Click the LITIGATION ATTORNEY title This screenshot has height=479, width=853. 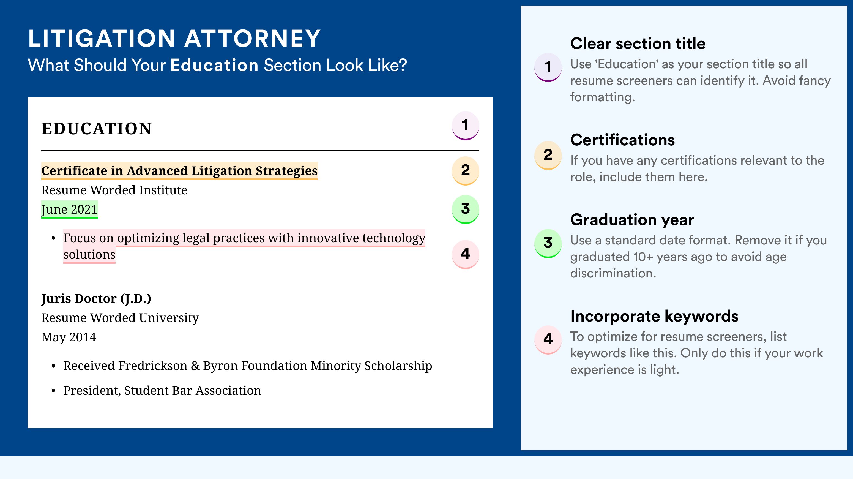174,39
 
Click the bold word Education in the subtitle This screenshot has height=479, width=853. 214,65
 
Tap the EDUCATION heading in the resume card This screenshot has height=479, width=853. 96,129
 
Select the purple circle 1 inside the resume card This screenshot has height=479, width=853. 465,126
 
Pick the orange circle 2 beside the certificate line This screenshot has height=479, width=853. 465,171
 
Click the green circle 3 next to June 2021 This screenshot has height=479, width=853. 465,209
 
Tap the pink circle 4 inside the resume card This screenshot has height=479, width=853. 465,254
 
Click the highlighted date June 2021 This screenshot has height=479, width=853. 70,209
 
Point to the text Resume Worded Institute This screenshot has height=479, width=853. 114,190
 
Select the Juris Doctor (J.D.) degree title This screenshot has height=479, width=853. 96,299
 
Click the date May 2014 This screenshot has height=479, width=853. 69,337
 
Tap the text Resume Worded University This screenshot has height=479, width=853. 120,318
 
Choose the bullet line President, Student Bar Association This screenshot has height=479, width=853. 162,391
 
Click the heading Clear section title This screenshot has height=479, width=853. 638,43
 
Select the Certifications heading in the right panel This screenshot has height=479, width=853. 622,140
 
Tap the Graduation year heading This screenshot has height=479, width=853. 632,220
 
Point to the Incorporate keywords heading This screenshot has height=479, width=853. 654,316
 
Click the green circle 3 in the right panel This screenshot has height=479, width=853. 548,243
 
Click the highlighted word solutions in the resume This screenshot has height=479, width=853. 89,255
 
